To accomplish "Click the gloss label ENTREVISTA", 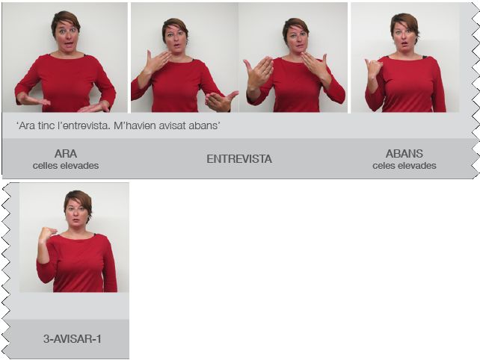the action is [x=239, y=159].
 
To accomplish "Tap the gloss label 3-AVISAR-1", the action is [x=73, y=339].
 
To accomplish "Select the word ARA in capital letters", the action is [x=66, y=154].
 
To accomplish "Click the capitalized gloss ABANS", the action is [x=404, y=154].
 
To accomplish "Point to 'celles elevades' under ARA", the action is [x=66, y=166].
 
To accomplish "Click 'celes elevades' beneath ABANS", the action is [x=404, y=166].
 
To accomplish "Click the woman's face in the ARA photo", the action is [x=67, y=34].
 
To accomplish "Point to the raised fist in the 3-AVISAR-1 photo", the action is [x=46, y=234].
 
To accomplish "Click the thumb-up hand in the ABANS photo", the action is [x=373, y=68].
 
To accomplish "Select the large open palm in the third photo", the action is [x=259, y=72].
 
